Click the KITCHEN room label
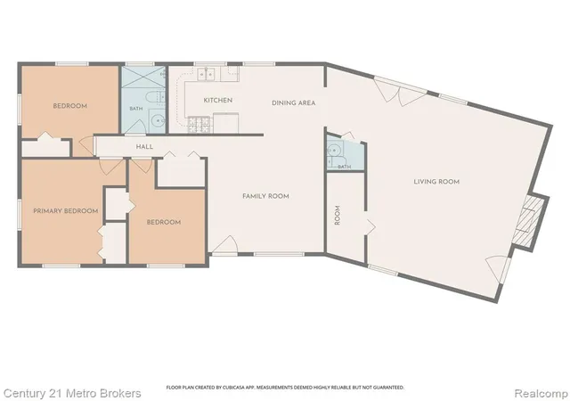coord(217,100)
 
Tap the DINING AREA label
coord(293,103)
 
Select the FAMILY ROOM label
coord(265,196)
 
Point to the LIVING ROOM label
coord(436,181)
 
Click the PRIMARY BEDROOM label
coord(65,210)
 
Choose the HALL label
coord(144,147)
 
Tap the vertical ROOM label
coord(338,215)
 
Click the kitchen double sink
coord(206,74)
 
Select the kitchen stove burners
coord(199,125)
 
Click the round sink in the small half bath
coord(333,149)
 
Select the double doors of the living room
coord(400,91)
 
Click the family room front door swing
coord(225,244)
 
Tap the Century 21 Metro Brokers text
coord(72,393)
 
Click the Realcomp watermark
coord(541,393)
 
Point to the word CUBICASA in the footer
coord(232,388)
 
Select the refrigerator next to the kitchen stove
coord(225,123)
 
